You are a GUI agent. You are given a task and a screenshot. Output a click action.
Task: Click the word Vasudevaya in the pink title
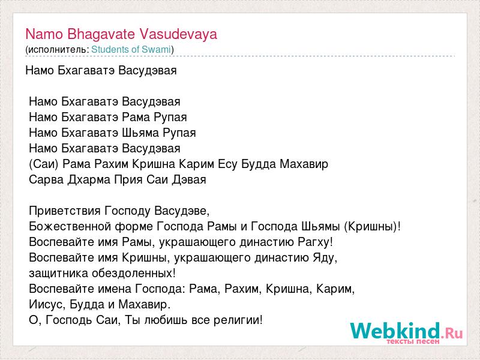(178, 34)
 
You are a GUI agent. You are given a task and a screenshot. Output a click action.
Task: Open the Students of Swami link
(131, 49)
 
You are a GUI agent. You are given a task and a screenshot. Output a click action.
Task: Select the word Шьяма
(140, 133)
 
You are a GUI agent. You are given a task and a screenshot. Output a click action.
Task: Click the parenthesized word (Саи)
(44, 164)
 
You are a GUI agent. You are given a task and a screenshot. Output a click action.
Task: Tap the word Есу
(227, 164)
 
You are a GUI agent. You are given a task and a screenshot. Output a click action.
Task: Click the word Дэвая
(189, 179)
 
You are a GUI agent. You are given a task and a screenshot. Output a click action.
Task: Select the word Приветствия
(65, 211)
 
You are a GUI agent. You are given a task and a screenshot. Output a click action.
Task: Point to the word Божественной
(70, 227)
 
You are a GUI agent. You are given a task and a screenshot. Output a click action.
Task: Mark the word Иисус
(47, 305)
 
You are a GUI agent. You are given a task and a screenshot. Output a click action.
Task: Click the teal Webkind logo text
(395, 331)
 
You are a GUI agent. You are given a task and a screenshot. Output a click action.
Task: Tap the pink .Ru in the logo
(452, 333)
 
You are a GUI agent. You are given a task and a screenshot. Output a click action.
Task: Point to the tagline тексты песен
(413, 341)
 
